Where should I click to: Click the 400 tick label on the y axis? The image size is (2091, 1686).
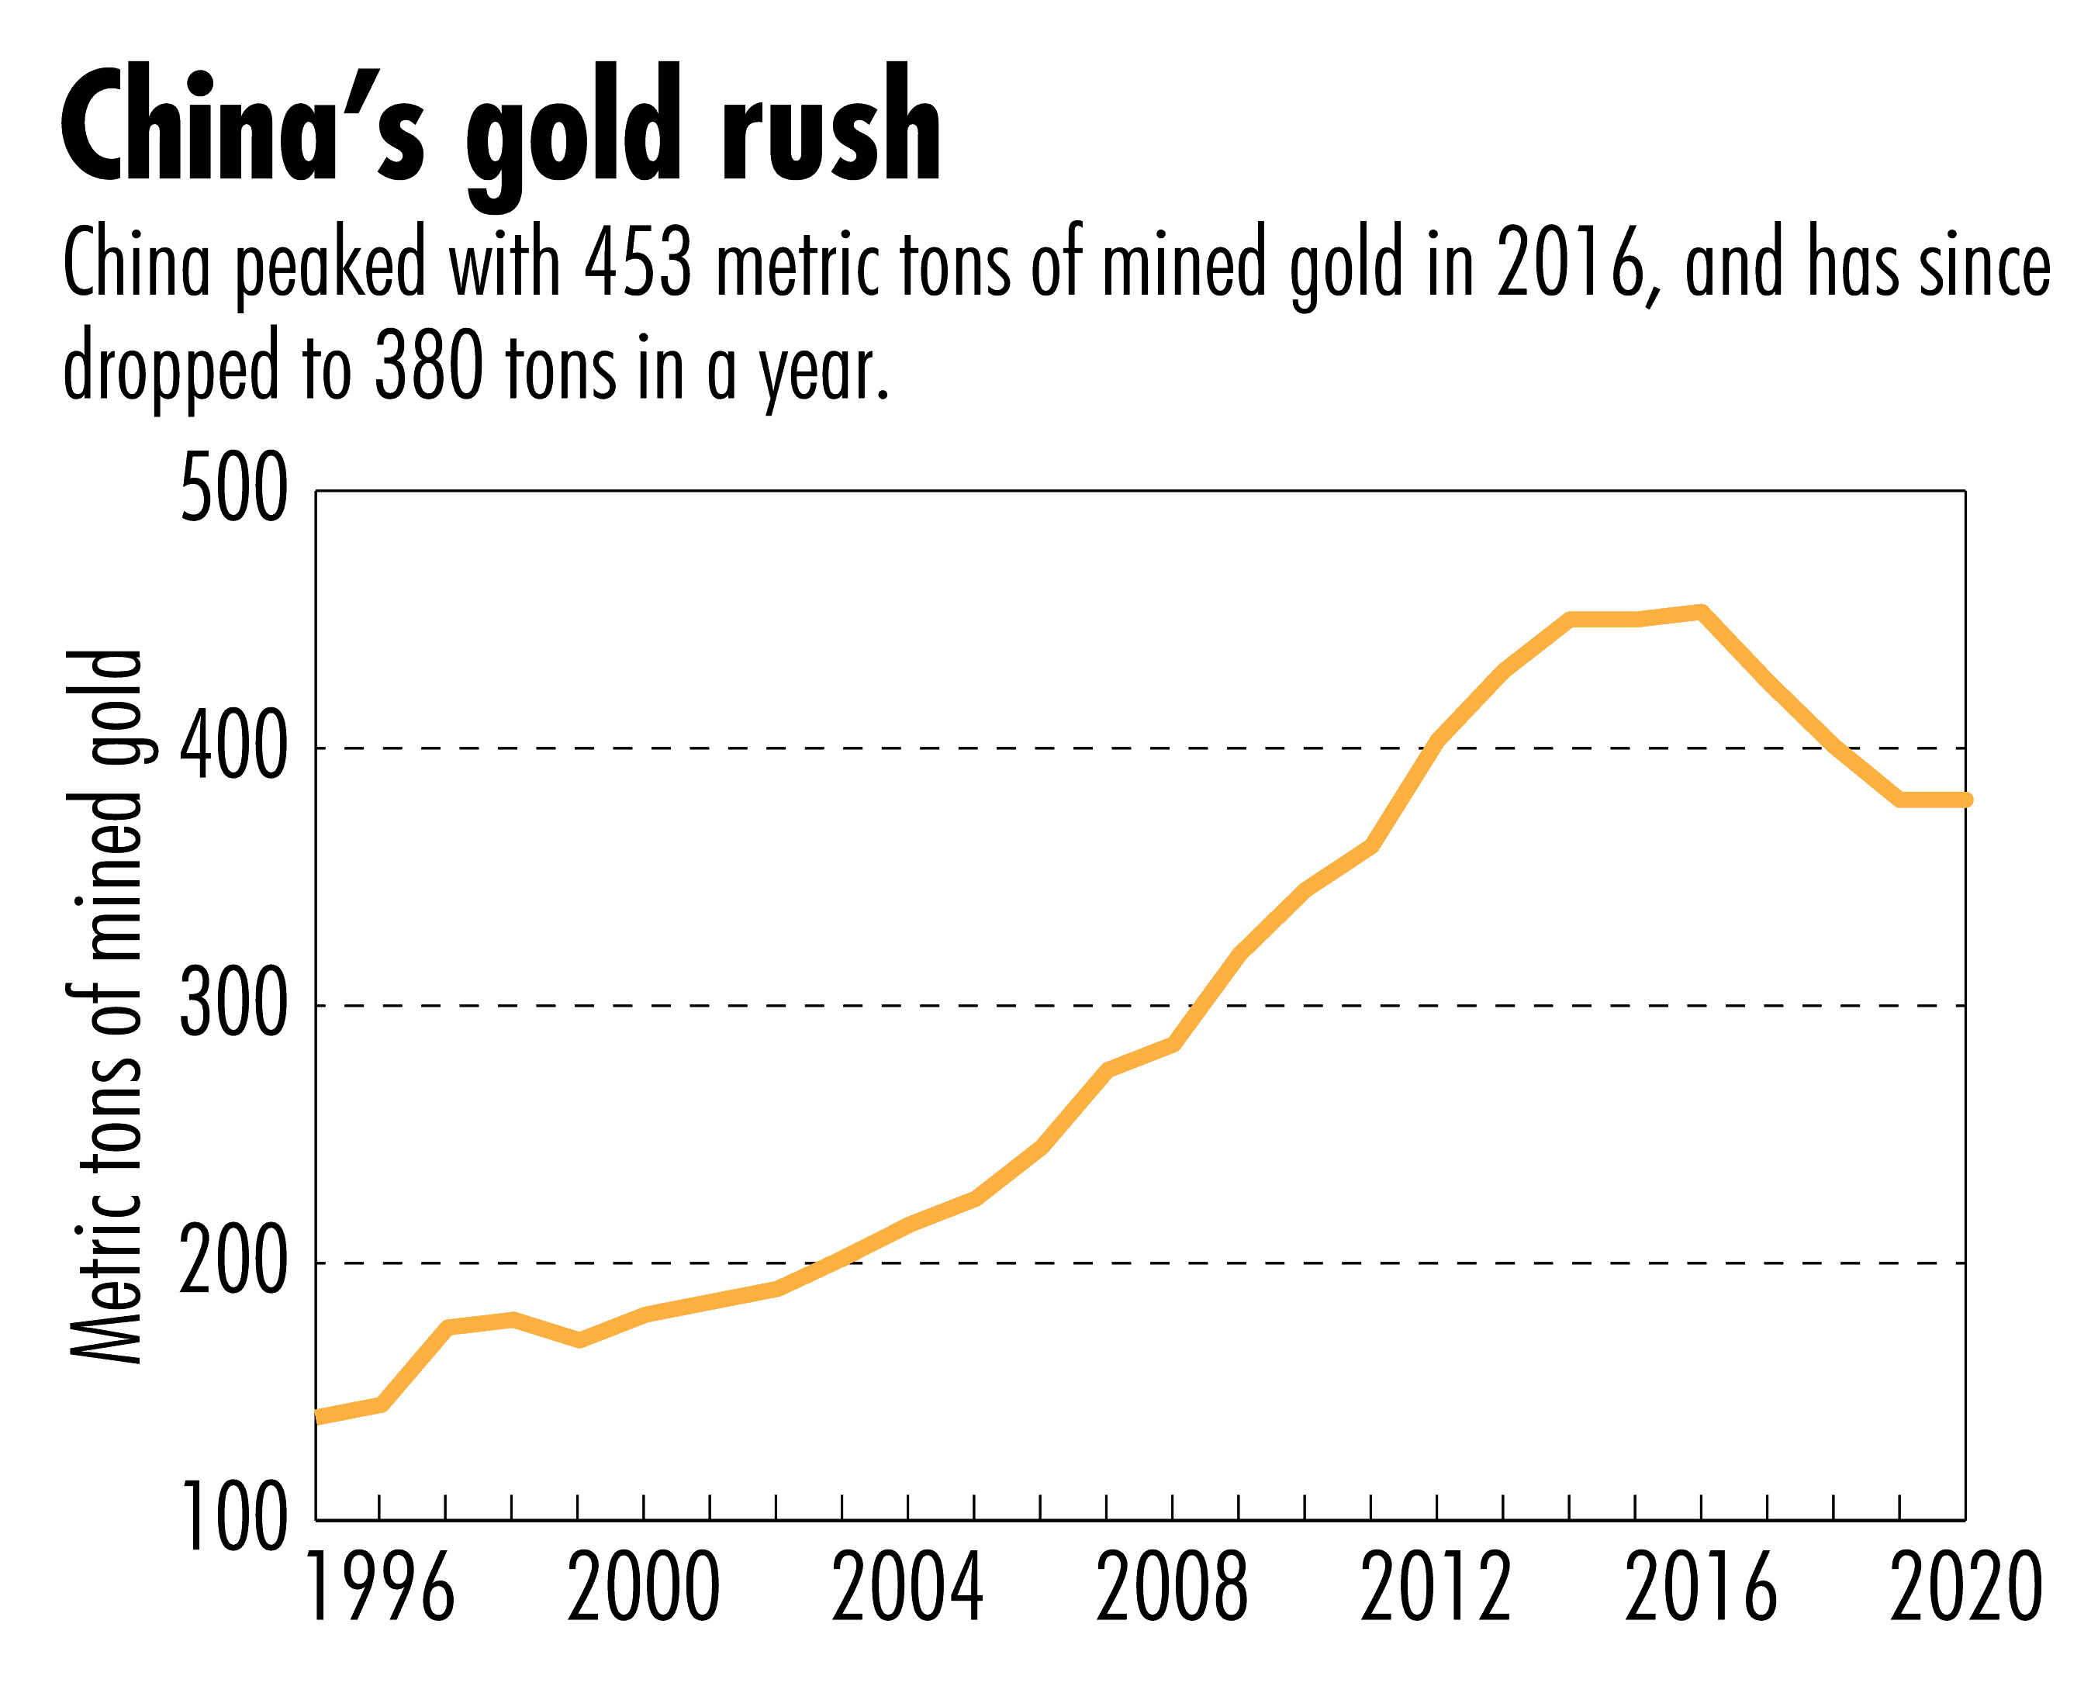234,749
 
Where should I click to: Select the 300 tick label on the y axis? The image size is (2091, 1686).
234,1006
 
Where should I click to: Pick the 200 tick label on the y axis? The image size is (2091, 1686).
234,1263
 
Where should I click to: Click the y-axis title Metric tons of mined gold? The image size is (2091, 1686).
105,1006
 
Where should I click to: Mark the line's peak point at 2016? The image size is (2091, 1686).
1701,612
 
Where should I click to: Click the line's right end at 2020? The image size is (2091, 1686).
1964,800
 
